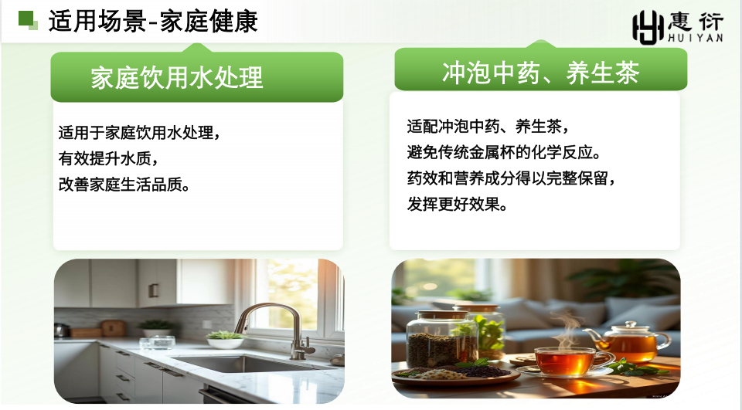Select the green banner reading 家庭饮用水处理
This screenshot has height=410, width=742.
tap(196, 77)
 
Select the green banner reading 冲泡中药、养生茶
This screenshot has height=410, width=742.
tap(540, 73)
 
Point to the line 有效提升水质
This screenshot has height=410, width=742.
tap(108, 159)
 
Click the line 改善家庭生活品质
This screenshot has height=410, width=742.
tap(124, 185)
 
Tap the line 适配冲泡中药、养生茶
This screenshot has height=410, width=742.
tap(488, 126)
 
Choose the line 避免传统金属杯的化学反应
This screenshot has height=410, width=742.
tap(505, 152)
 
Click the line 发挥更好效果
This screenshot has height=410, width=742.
tap(457, 205)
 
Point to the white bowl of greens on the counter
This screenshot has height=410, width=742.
tap(225, 339)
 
